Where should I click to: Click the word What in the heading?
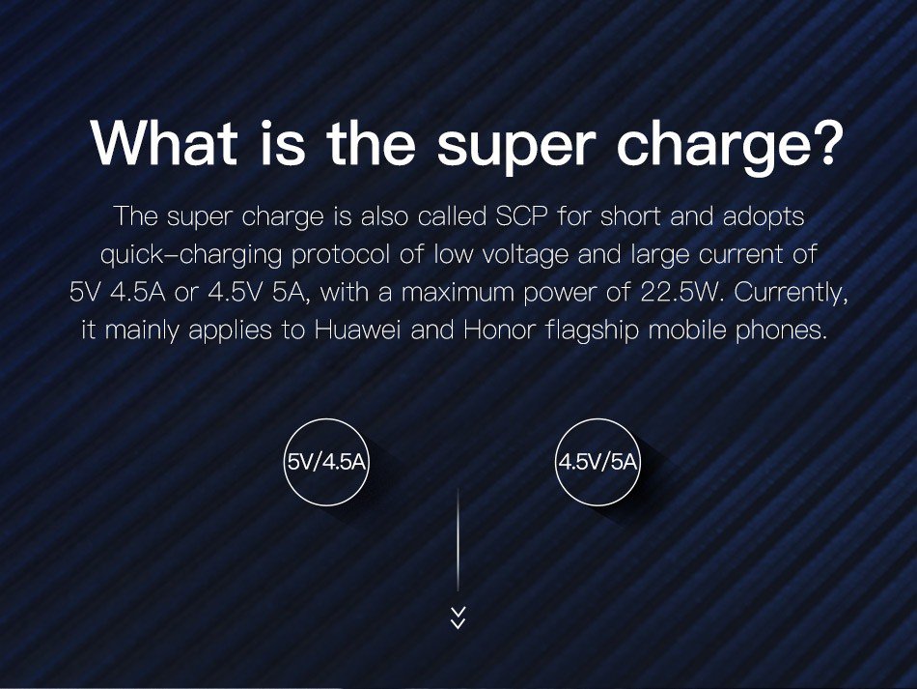[164, 141]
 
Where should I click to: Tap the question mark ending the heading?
[825, 141]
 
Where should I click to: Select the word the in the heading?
[371, 141]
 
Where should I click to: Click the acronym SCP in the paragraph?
[521, 216]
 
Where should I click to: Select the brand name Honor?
[499, 330]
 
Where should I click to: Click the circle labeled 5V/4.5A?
[326, 419]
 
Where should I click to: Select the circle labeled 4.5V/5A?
[597, 419]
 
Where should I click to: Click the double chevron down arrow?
[458, 617]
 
